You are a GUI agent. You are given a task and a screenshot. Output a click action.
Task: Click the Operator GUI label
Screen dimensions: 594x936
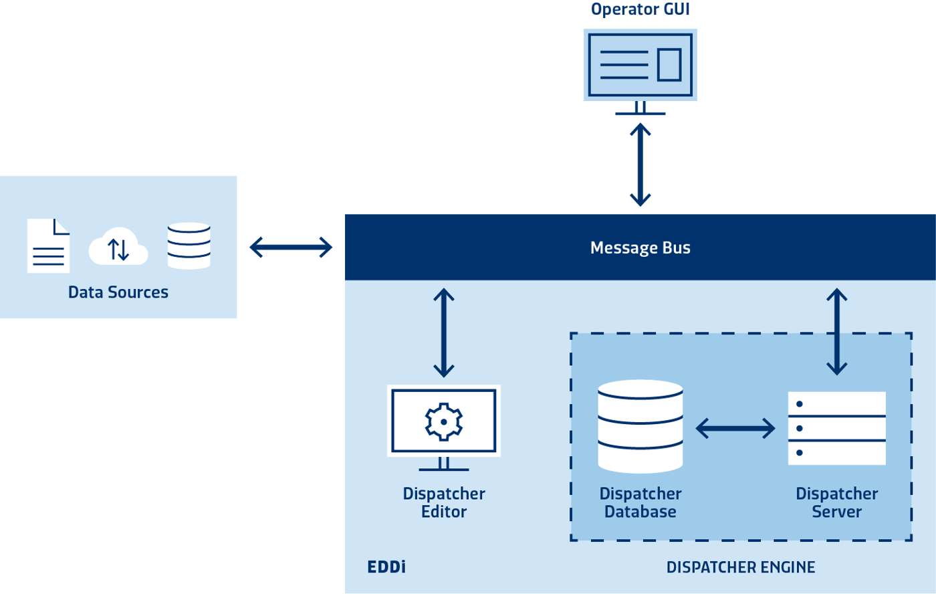(x=640, y=9)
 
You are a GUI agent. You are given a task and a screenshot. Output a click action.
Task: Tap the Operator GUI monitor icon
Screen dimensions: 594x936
(x=640, y=65)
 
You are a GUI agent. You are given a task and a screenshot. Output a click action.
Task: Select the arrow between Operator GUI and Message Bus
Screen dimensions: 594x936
(x=640, y=164)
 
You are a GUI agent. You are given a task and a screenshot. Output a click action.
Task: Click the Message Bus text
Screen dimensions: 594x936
(x=640, y=248)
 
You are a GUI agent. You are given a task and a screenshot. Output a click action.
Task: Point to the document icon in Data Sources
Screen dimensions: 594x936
(x=48, y=245)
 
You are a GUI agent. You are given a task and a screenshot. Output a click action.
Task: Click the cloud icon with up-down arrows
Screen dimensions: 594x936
(x=118, y=248)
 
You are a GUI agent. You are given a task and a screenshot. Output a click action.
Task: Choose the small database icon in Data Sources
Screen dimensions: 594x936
(x=189, y=245)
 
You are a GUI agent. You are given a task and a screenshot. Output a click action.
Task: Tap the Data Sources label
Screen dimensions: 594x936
(x=118, y=292)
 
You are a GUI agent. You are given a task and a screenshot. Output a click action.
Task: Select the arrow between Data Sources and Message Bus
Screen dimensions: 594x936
(x=291, y=248)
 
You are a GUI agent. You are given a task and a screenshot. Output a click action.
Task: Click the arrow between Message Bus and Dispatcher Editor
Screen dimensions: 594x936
(x=444, y=332)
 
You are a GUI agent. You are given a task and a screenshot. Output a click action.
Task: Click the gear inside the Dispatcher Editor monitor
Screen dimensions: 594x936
(x=444, y=421)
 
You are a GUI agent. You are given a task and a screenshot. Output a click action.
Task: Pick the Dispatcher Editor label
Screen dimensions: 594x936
(x=444, y=502)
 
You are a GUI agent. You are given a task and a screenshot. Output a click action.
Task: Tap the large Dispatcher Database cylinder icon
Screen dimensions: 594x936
(x=640, y=426)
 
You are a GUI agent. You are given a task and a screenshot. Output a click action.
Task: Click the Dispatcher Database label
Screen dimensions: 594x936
(x=640, y=502)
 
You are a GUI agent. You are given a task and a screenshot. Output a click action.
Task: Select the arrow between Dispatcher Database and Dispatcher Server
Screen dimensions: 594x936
(x=735, y=428)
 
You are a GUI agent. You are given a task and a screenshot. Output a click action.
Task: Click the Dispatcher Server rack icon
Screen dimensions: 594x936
(x=836, y=428)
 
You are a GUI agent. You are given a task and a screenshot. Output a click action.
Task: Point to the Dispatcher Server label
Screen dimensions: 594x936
(x=836, y=502)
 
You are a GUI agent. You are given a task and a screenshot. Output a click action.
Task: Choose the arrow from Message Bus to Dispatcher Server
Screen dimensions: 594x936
(x=836, y=331)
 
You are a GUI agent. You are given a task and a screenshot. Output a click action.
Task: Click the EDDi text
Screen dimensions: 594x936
(x=386, y=567)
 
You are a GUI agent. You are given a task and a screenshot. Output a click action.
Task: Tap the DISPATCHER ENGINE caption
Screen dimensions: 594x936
(x=741, y=567)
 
